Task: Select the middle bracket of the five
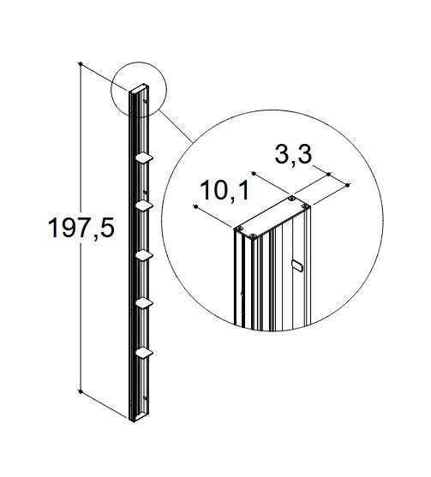(145, 254)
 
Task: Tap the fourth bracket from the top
(145, 302)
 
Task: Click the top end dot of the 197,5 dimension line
(80, 64)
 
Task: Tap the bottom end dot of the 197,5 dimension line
(80, 392)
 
